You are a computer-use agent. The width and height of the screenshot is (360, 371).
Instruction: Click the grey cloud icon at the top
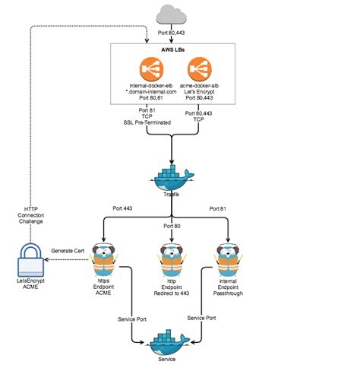point(173,14)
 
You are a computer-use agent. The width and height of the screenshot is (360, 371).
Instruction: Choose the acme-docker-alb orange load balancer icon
point(199,70)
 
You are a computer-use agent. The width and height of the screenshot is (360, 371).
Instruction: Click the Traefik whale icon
point(173,179)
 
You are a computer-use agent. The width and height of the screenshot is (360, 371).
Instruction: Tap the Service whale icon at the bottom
point(173,342)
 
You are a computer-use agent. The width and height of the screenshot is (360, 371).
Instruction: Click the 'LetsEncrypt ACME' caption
point(30,285)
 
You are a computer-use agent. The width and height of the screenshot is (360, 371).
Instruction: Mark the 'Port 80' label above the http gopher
point(173,226)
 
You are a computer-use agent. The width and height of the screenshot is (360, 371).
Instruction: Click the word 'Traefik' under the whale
point(173,197)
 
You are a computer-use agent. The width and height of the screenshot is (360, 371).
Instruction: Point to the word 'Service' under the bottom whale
point(173,360)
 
